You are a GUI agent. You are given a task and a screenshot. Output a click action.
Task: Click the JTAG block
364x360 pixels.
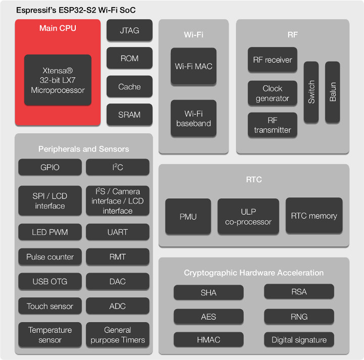tap(129, 30)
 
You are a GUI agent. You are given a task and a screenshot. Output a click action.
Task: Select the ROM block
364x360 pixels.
tap(129, 58)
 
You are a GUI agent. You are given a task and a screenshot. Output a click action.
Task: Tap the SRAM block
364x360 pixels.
tap(129, 115)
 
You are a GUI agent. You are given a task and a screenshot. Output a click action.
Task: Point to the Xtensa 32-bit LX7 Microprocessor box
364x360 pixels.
tap(58, 80)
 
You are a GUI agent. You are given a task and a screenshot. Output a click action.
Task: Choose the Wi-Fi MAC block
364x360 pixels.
tap(194, 66)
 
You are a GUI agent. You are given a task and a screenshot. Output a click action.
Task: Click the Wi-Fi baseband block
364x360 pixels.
tap(194, 118)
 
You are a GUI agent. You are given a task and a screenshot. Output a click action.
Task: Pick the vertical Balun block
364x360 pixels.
tap(333, 92)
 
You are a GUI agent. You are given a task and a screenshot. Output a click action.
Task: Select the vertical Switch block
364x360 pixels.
tap(311, 92)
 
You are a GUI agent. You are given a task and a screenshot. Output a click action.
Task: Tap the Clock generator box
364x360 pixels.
tap(272, 93)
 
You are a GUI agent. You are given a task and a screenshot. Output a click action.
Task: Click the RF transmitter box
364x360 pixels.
tap(272, 125)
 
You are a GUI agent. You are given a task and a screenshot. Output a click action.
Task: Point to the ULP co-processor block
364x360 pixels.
tap(248, 217)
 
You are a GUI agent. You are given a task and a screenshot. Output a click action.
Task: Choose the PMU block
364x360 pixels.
tap(188, 217)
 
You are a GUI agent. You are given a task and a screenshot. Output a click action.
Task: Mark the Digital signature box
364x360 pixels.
tap(299, 340)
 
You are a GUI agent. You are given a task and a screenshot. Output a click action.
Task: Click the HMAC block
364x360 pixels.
tap(209, 340)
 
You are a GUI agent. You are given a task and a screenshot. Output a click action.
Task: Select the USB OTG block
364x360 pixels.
tap(50, 281)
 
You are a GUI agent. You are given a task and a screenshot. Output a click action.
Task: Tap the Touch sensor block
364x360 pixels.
tap(50, 306)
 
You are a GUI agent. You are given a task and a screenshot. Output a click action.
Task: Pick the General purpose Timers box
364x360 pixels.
tap(117, 335)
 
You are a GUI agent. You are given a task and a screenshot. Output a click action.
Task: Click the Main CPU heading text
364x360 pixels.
tap(58, 28)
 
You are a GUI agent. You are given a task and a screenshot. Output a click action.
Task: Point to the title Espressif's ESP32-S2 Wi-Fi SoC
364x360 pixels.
tap(76, 10)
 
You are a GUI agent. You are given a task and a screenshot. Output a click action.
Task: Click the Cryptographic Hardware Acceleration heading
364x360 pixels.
tap(254, 273)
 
